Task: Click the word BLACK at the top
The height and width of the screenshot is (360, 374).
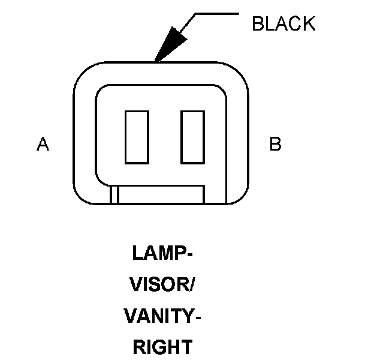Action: point(283,24)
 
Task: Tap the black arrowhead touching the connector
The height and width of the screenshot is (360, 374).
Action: point(167,46)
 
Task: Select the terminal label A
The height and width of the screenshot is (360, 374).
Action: point(43,144)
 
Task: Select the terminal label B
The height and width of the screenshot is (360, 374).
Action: point(275,144)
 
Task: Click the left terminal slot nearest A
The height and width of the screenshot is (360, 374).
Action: point(136,137)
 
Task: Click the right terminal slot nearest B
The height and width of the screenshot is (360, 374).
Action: point(193,137)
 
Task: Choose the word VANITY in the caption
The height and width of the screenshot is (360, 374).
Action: point(158,316)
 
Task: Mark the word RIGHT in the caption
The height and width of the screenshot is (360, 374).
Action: point(162,347)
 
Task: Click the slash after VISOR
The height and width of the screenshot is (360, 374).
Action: point(192,284)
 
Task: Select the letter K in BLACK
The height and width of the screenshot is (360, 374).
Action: point(308,24)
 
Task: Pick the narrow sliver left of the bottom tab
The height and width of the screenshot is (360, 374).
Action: point(114,195)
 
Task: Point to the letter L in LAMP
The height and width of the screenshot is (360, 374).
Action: point(137,253)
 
